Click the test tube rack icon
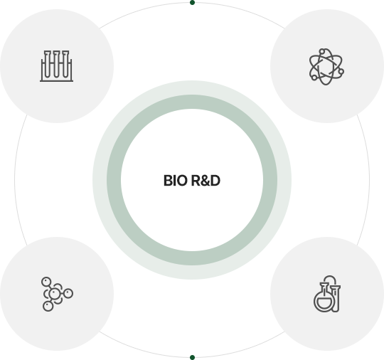pyautogui.click(x=57, y=66)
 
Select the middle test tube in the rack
pyautogui.click(x=57, y=64)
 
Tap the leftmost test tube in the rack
pyautogui.click(x=48, y=64)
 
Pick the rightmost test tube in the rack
pyautogui.click(x=65, y=64)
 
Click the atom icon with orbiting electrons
pyautogui.click(x=326, y=67)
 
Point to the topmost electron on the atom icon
pyautogui.click(x=322, y=51)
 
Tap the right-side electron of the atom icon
pyautogui.click(x=341, y=71)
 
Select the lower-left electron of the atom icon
pyautogui.click(x=314, y=78)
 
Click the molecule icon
pyautogui.click(x=57, y=294)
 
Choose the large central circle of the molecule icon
pyautogui.click(x=54, y=294)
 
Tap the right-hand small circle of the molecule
pyautogui.click(x=68, y=293)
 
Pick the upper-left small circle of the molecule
pyautogui.click(x=46, y=282)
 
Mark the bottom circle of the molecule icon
pyautogui.click(x=48, y=307)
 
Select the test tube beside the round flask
pyautogui.click(x=336, y=299)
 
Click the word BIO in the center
pyautogui.click(x=175, y=181)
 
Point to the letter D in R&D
pyautogui.click(x=215, y=181)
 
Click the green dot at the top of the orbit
pyautogui.click(x=192, y=3)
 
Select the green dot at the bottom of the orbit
pyautogui.click(x=192, y=357)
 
